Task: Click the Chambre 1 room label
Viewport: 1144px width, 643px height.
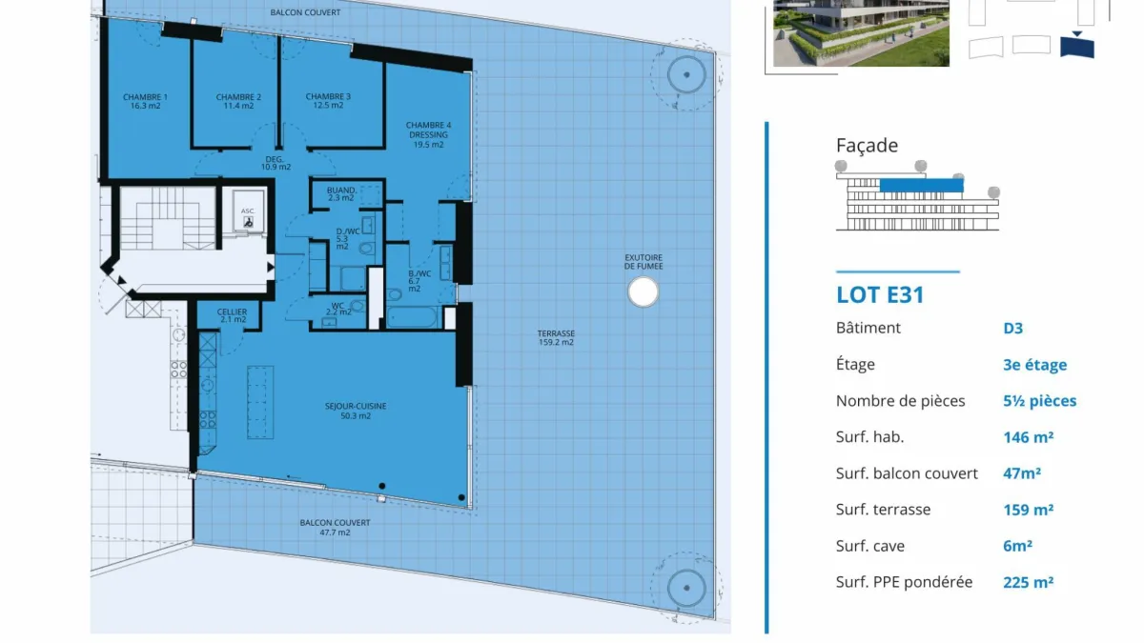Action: pyautogui.click(x=145, y=102)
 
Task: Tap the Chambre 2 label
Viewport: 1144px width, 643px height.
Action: pyautogui.click(x=238, y=102)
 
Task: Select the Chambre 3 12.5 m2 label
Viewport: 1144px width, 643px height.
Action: pyautogui.click(x=328, y=101)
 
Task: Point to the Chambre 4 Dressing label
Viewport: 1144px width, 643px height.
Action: pyautogui.click(x=428, y=134)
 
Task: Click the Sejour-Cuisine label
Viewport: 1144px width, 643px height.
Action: pyautogui.click(x=356, y=411)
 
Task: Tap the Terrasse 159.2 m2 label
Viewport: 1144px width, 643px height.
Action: pyautogui.click(x=556, y=338)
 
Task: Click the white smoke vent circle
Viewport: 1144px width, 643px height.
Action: pyautogui.click(x=643, y=291)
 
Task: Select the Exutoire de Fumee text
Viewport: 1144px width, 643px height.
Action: pyautogui.click(x=643, y=262)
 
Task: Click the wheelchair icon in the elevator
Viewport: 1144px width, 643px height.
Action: pyautogui.click(x=248, y=222)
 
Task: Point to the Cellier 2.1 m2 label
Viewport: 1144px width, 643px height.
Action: pyautogui.click(x=232, y=316)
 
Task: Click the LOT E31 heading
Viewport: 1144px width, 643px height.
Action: pyautogui.click(x=880, y=295)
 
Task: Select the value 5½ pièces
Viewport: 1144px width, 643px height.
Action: pyautogui.click(x=1039, y=401)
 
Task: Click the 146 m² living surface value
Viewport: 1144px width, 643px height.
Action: pyautogui.click(x=1028, y=437)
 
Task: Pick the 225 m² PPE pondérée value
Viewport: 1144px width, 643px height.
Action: pyautogui.click(x=1028, y=582)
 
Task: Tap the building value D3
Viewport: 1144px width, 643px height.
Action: pyautogui.click(x=1012, y=328)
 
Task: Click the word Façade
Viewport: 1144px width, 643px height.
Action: pyautogui.click(x=867, y=146)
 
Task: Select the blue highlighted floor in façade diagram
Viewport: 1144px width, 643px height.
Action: pyautogui.click(x=921, y=185)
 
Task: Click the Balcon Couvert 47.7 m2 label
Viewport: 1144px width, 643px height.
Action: pyautogui.click(x=335, y=528)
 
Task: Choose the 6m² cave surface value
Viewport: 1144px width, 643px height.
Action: pyautogui.click(x=1017, y=546)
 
